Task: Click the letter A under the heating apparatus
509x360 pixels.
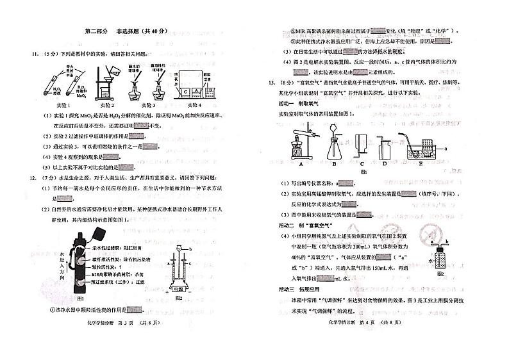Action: click(x=300, y=163)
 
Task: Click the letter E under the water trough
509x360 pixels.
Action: click(x=421, y=163)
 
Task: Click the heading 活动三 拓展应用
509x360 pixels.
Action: click(x=302, y=290)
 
